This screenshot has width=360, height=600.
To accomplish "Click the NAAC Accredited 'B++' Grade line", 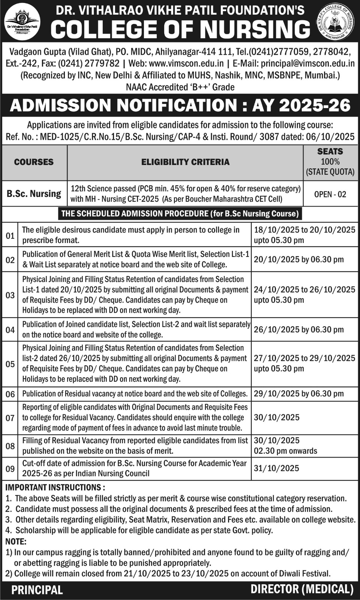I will (180, 87).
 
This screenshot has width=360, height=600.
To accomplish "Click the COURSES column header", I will (34, 162).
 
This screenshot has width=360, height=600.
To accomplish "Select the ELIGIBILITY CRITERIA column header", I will (185, 162).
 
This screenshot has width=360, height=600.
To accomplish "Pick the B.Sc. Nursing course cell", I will (34, 194).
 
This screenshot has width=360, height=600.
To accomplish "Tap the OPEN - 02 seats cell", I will (330, 194).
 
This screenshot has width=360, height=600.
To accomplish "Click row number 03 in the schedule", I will (10, 295).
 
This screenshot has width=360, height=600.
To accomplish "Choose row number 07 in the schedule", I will (10, 418).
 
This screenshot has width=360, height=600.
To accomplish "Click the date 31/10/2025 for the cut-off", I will (276, 468).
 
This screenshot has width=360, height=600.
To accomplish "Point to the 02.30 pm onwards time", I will (285, 451).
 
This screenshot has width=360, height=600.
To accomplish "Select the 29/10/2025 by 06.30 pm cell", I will (298, 394).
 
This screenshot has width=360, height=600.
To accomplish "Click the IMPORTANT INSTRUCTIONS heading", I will (55, 487).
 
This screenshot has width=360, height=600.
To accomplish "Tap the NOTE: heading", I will (16, 541).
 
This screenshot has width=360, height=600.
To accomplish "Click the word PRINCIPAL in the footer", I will (37, 590).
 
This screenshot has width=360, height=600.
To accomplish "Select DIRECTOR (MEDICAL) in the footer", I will (302, 589).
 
